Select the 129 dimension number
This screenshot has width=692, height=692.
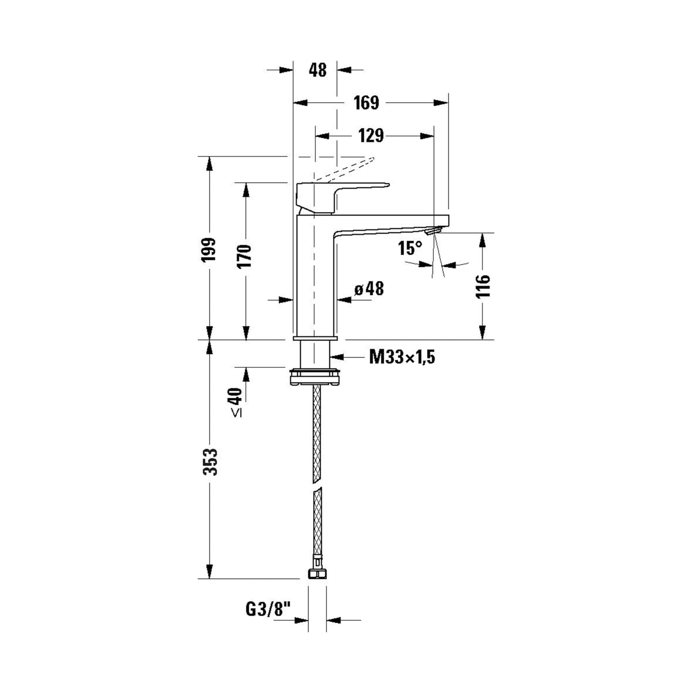pos(371,136)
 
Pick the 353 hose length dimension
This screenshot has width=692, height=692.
pos(210,462)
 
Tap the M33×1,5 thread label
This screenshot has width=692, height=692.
pos(402,357)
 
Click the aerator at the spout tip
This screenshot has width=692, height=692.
pos(433,231)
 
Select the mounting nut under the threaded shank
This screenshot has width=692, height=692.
pos(314,377)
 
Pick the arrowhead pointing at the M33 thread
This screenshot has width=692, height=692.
pos(337,357)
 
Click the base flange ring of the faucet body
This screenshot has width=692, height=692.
pos(315,338)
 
